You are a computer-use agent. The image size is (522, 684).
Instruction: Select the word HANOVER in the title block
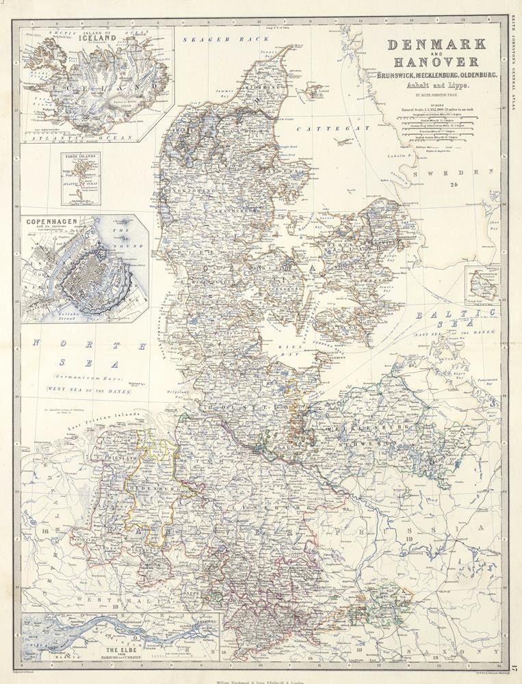pyautogui.click(x=436, y=62)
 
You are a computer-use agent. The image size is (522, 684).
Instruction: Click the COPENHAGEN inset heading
pyautogui.click(x=52, y=223)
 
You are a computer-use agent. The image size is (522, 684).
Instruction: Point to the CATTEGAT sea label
pyautogui.click(x=348, y=128)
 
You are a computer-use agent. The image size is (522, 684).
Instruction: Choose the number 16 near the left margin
pyautogui.click(x=45, y=529)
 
